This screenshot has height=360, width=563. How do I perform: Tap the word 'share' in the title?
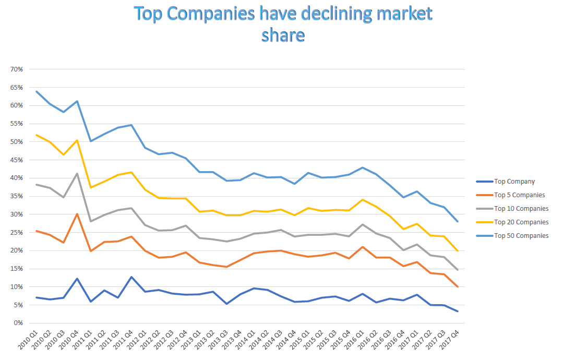283,35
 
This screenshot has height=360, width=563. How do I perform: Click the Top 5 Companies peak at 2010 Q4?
77,214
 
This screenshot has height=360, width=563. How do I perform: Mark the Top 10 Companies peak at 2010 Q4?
77,174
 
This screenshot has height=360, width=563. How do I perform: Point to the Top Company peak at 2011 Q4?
131,277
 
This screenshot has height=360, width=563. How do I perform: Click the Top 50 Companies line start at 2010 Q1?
36,91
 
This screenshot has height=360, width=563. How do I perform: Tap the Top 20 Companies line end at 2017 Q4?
458,251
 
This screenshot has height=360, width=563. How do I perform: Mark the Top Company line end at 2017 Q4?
458,311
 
